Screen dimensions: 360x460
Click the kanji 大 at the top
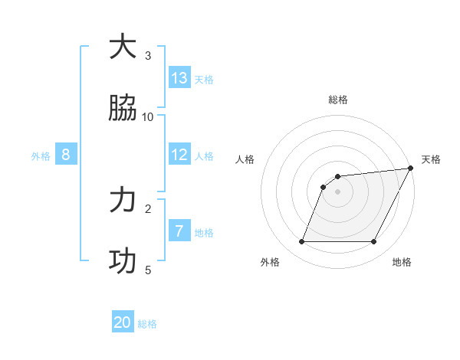[123, 47]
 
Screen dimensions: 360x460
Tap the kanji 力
[123, 200]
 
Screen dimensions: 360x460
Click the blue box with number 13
[179, 77]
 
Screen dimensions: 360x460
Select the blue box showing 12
[179, 155]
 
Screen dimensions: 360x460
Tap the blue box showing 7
[179, 231]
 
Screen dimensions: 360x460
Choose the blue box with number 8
[66, 155]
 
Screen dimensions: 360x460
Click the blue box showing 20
[123, 322]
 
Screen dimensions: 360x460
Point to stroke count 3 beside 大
[148, 55]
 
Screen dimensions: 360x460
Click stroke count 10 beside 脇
[148, 116]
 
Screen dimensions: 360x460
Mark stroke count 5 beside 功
[148, 270]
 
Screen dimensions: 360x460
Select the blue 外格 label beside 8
[41, 156]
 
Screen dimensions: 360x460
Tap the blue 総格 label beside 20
[147, 325]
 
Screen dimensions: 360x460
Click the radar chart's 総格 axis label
[338, 100]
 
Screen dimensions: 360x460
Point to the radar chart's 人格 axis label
[245, 159]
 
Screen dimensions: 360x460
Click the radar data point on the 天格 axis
[411, 169]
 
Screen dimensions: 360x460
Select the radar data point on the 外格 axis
[301, 242]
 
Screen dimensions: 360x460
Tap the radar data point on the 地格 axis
[374, 242]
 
